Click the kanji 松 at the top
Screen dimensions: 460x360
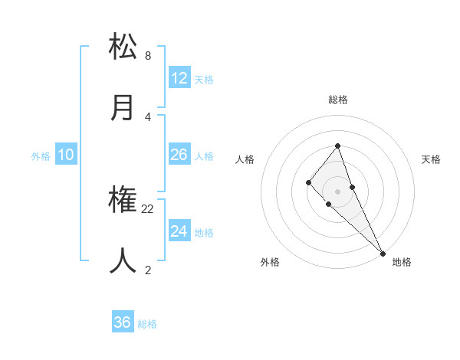[x=123, y=47]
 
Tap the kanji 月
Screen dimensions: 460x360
[x=123, y=106]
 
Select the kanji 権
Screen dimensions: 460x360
[x=123, y=201]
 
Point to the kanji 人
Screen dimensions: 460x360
[x=123, y=261]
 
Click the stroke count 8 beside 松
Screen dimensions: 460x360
[x=148, y=56]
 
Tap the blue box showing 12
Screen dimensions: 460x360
[x=179, y=77]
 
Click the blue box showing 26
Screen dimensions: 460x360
[x=179, y=155]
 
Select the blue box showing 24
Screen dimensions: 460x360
[x=179, y=231]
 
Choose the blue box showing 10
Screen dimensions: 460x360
[x=66, y=155]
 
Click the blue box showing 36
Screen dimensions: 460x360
[x=123, y=322]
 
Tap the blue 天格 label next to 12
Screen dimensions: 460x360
[x=204, y=79]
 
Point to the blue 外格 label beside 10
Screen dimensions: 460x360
[x=41, y=156]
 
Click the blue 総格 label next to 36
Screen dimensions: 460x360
[x=147, y=324]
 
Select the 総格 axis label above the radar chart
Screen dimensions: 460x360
[x=337, y=100]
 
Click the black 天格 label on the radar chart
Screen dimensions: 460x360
[x=431, y=159]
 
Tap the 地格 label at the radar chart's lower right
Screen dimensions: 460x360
[x=402, y=263]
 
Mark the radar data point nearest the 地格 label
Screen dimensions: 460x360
[x=382, y=253]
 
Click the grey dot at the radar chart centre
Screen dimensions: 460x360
[x=337, y=191]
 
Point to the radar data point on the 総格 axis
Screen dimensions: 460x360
[x=337, y=146]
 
